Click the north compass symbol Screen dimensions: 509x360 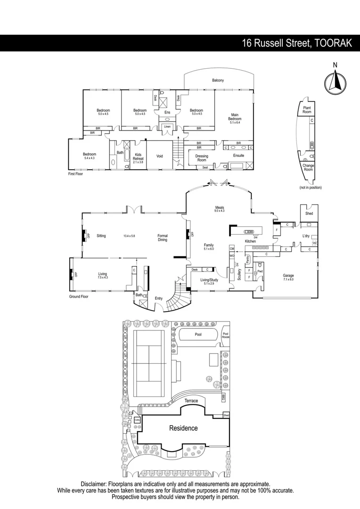click(x=335, y=80)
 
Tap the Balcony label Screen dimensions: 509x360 click(x=218, y=81)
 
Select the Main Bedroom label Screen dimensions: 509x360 click(x=235, y=117)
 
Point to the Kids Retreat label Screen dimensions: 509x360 click(x=138, y=156)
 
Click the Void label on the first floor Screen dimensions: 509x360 click(x=160, y=156)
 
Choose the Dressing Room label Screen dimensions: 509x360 click(x=201, y=158)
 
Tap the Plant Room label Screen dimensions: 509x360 click(x=307, y=110)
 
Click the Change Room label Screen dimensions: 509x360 click(x=308, y=167)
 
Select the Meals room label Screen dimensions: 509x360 click(x=220, y=208)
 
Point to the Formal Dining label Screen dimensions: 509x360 click(x=163, y=238)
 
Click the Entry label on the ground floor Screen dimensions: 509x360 click(x=158, y=298)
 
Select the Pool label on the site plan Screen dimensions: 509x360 click(x=198, y=335)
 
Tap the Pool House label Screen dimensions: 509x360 click(x=226, y=335)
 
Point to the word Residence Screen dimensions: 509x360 click(x=183, y=428)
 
